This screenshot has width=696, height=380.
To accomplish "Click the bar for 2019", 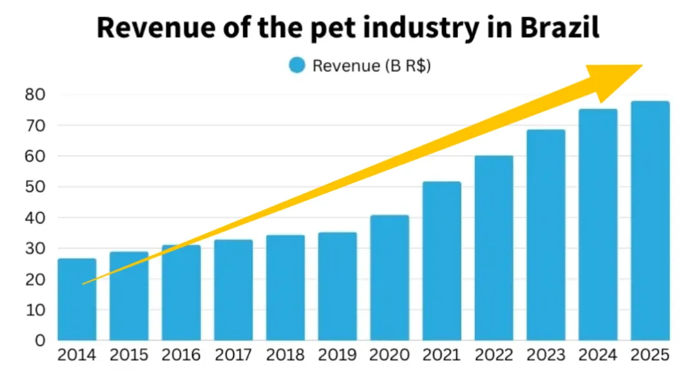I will point(337,286).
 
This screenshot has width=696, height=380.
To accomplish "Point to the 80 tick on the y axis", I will point(35,95).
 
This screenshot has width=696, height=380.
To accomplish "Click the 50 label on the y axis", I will point(35,187).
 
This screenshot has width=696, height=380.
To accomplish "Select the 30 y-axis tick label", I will point(35,249).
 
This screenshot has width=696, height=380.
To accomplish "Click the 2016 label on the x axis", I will point(181,355).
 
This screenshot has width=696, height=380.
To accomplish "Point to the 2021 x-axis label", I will point(441,355).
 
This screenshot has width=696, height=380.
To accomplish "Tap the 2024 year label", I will point(598,355).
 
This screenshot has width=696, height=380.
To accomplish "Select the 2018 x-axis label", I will point(285,355).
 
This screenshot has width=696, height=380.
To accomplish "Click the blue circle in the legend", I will point(297,65).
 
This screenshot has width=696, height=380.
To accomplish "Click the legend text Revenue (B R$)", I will point(371,66).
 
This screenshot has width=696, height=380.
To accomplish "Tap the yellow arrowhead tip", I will point(641,66).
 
